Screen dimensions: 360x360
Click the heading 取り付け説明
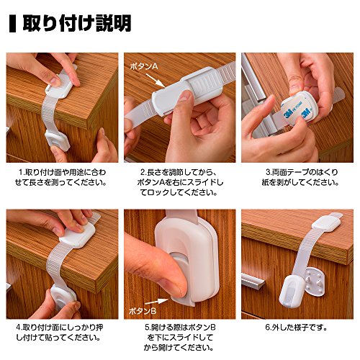click(x=77, y=23)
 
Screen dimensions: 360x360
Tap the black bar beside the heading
click(x=12, y=24)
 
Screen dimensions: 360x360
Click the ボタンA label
click(x=144, y=66)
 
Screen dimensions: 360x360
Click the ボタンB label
click(x=143, y=311)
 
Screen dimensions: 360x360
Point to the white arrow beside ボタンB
click(x=156, y=302)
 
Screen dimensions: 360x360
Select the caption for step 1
click(x=60, y=177)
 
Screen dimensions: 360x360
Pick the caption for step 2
click(x=180, y=182)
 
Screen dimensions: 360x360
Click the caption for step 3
click(x=300, y=177)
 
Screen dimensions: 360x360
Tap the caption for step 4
click(x=59, y=333)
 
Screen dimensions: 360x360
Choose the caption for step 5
click(x=180, y=338)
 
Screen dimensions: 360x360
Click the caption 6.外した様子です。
click(x=296, y=328)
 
